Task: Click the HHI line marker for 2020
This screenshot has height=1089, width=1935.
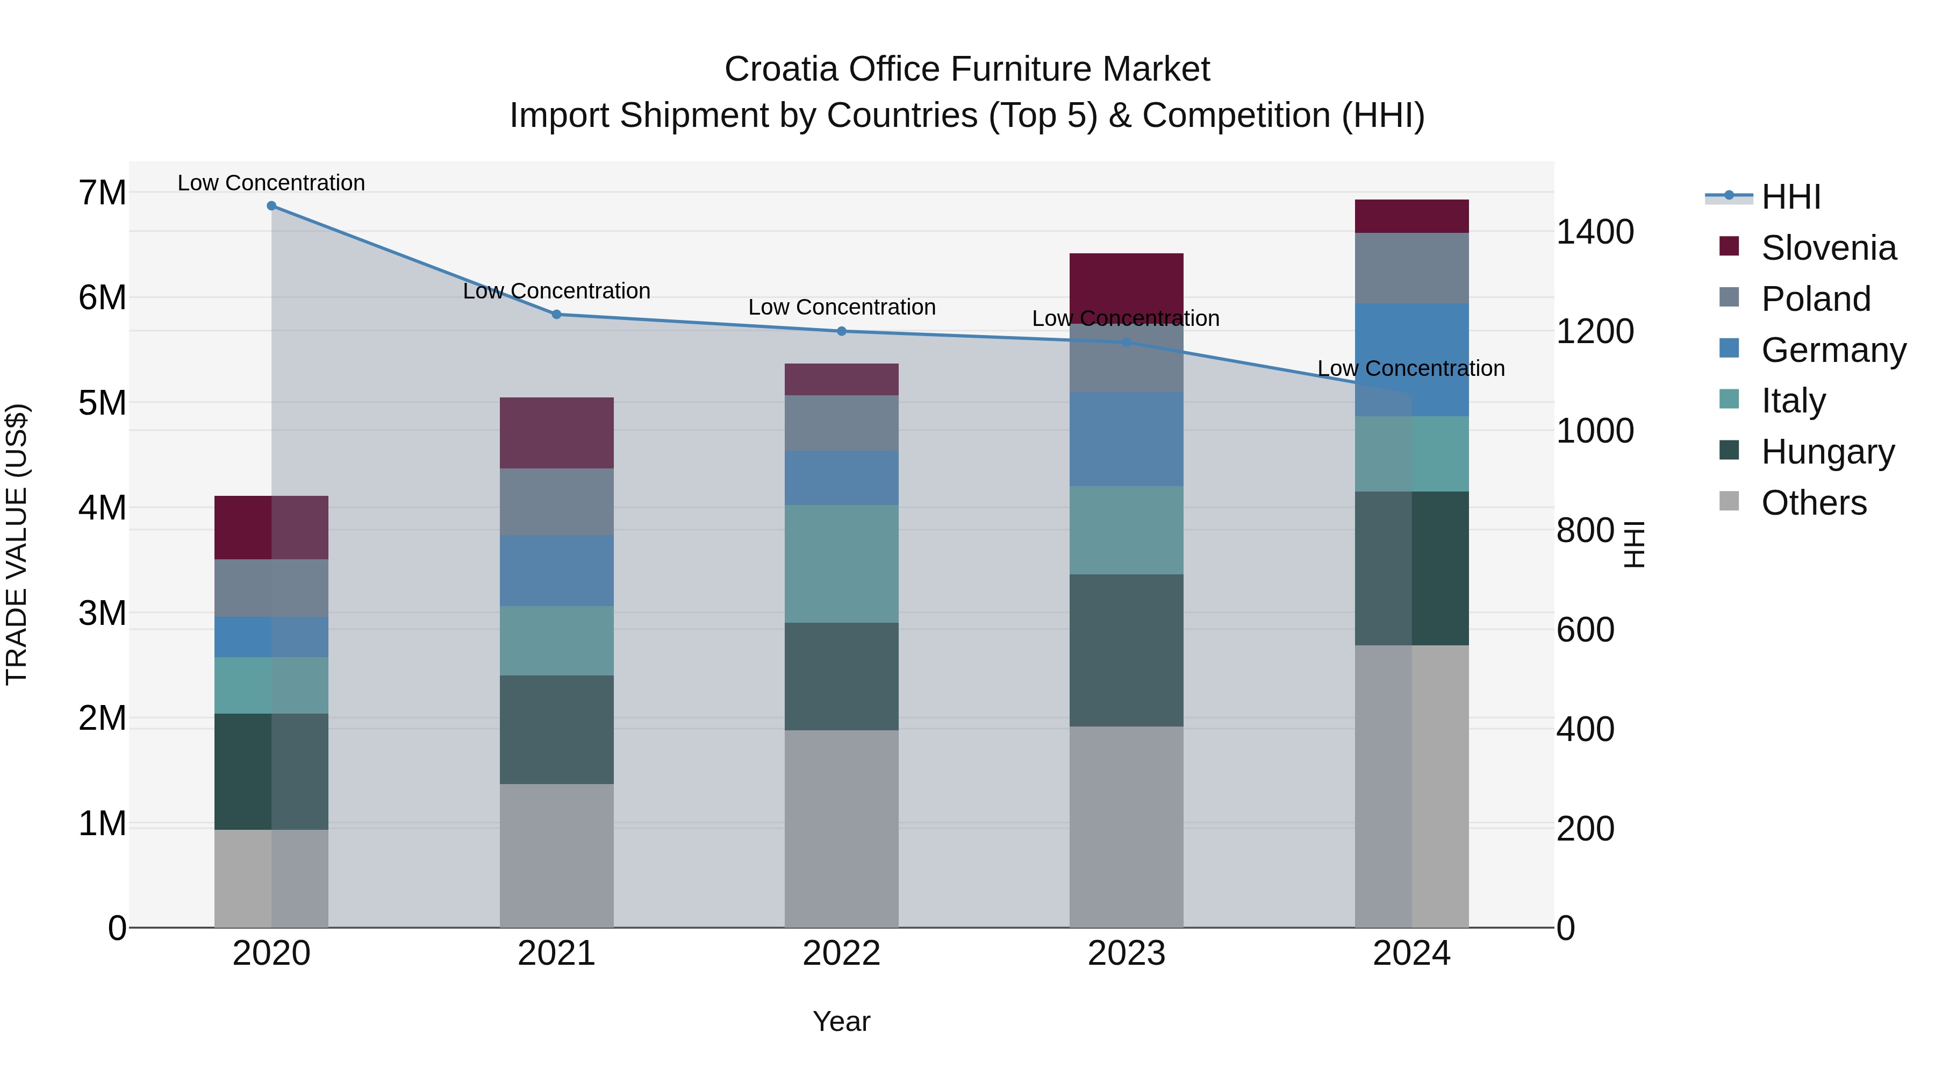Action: tap(271, 206)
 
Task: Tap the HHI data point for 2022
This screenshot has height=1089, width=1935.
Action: tap(841, 331)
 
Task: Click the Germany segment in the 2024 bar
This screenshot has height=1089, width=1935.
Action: tap(1411, 359)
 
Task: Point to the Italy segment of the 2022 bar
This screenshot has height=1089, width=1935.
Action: tap(841, 564)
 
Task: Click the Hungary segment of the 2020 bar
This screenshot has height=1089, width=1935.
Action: tap(271, 771)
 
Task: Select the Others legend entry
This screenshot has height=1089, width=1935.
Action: tap(1814, 503)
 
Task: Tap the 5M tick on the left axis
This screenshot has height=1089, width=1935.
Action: tap(102, 403)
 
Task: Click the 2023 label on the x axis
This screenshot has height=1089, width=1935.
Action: tap(1126, 953)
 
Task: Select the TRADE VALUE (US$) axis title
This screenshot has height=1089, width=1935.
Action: tap(17, 544)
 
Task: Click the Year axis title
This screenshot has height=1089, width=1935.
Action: tap(841, 1021)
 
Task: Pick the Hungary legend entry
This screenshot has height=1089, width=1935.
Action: tap(1827, 452)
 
